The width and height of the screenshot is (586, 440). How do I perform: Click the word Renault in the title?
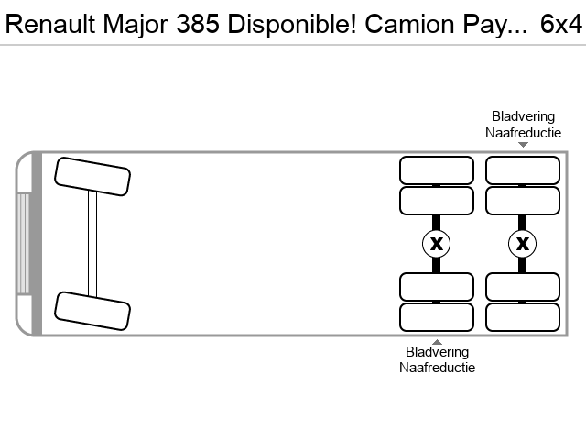(x=50, y=24)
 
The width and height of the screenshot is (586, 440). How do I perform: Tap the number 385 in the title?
(x=198, y=24)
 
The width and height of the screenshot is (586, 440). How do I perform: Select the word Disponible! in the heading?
(x=292, y=24)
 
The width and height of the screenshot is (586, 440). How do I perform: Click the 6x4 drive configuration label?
(x=561, y=24)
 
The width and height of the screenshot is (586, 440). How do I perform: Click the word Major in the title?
(x=136, y=25)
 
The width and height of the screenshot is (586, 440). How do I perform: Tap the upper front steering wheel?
(x=92, y=177)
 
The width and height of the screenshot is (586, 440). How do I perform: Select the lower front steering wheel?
(x=92, y=311)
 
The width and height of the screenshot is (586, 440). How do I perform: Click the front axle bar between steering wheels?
(x=92, y=244)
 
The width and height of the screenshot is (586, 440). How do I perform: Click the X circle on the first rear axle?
(x=436, y=244)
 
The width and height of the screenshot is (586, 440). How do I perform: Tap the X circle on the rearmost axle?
(x=523, y=244)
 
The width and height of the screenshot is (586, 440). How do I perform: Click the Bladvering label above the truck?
(x=523, y=116)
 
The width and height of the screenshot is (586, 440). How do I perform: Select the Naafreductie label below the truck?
(x=437, y=368)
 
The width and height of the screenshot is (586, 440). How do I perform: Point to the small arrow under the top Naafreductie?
(x=523, y=145)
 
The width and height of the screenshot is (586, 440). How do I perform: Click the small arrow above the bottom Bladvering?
(x=437, y=342)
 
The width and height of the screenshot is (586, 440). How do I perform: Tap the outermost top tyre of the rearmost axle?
(x=523, y=170)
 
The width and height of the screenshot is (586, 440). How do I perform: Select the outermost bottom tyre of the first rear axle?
(x=437, y=317)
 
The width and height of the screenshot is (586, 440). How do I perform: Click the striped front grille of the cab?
(x=23, y=244)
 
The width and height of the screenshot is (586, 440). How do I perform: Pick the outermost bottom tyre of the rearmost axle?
(x=523, y=317)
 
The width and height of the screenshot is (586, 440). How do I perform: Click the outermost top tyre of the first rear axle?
(x=437, y=170)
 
